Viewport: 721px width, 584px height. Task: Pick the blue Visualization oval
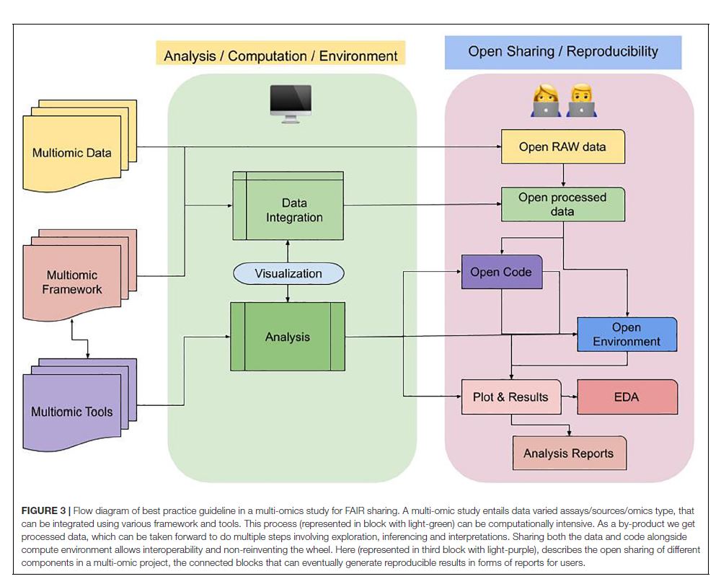[288, 274]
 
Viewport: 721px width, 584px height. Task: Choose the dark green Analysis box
[288, 337]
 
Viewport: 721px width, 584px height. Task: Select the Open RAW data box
[562, 147]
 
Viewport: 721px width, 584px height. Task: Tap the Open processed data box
[562, 204]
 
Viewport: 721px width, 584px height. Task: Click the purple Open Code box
[501, 272]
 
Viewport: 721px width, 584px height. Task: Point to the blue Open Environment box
[627, 335]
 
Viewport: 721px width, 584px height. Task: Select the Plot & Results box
[510, 397]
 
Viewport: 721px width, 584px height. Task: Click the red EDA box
[627, 397]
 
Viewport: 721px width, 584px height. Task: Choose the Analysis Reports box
[569, 454]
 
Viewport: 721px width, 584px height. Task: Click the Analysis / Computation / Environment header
[280, 56]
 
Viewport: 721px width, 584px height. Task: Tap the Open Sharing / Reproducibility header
[562, 51]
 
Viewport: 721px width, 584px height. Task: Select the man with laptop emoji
[580, 101]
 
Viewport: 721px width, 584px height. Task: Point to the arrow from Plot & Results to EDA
[570, 397]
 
